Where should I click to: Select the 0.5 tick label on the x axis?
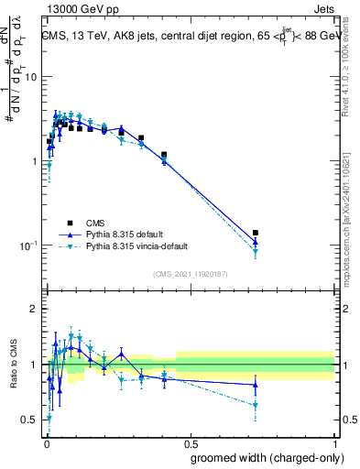pos(190,441)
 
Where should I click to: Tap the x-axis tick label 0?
pos(46,441)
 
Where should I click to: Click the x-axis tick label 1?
pos(334,441)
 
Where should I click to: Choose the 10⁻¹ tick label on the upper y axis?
pos(27,245)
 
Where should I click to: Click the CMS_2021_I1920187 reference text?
pos(190,273)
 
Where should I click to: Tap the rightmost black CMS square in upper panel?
pos(256,233)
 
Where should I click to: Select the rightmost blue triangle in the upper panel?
pos(256,242)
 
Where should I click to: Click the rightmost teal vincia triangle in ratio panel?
pos(256,405)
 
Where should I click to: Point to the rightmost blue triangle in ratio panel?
pos(256,385)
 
